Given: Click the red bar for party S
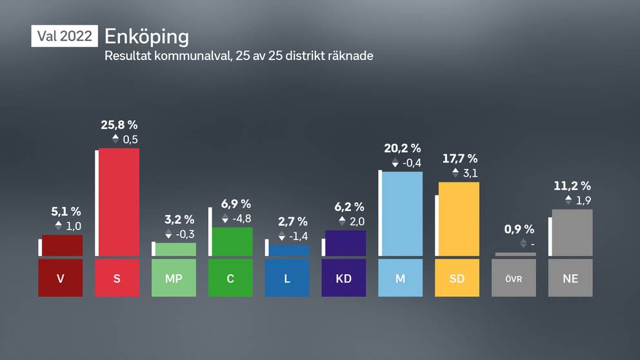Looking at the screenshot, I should [118, 202].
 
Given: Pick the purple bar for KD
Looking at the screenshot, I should [345, 243].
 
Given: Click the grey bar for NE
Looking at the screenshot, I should [572, 232].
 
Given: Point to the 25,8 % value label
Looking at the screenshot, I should [119, 125].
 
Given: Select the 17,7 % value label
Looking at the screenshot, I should [460, 159].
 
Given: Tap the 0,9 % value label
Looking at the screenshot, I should [519, 229].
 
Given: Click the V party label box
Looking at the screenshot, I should [61, 278].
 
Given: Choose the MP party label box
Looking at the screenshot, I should [174, 278].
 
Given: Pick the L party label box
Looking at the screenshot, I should [287, 278].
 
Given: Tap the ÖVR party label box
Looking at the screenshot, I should [514, 278].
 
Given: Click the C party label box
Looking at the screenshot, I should [230, 278].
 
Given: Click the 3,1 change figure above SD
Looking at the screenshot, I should [470, 173].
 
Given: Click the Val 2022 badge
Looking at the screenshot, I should [65, 36].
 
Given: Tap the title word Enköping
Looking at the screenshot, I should [146, 35].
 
